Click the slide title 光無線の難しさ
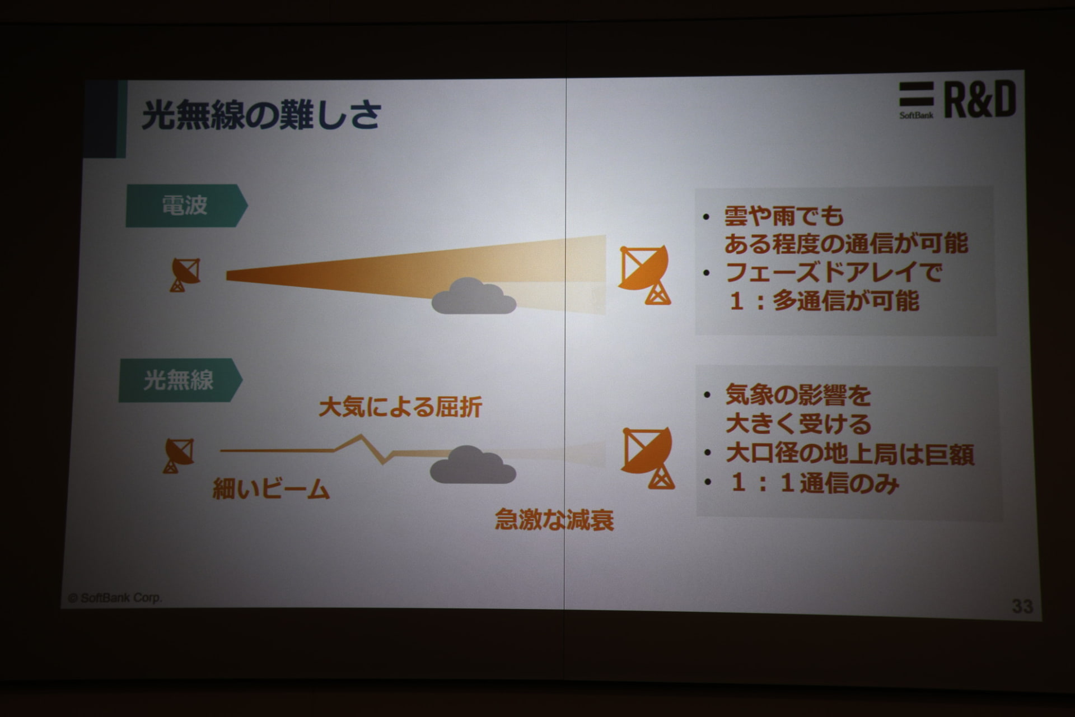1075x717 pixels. (261, 115)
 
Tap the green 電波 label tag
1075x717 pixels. (186, 206)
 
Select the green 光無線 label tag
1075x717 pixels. (180, 380)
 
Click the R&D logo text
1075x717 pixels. (980, 100)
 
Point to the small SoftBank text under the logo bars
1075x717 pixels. (916, 115)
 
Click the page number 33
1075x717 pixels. (1022, 606)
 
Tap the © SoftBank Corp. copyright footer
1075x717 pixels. (115, 598)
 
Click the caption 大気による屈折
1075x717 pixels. (400, 407)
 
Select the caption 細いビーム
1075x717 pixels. (271, 490)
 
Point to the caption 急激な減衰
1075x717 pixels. (554, 520)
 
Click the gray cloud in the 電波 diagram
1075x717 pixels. (474, 296)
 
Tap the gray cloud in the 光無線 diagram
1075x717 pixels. (473, 465)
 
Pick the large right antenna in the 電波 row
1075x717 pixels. (644, 274)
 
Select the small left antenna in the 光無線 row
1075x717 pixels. (179, 455)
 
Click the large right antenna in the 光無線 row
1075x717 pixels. (648, 458)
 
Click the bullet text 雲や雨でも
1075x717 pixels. (784, 216)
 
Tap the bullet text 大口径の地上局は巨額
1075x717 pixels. (850, 454)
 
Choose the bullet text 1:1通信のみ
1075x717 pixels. (815, 483)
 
